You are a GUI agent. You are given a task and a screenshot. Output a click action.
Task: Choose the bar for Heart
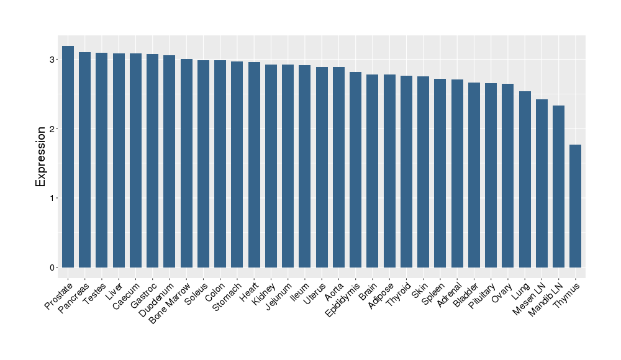click(x=254, y=164)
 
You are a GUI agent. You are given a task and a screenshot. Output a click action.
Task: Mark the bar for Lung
click(x=525, y=179)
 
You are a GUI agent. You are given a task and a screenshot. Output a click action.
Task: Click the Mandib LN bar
click(x=559, y=186)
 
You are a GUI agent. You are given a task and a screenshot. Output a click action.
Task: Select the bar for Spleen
click(x=440, y=173)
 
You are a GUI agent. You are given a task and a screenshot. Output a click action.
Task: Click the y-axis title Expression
click(x=41, y=156)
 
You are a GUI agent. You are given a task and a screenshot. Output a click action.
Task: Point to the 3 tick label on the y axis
click(x=54, y=60)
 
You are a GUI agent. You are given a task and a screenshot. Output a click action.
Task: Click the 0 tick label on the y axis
click(x=54, y=268)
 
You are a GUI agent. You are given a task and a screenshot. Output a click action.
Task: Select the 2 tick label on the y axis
click(x=54, y=129)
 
